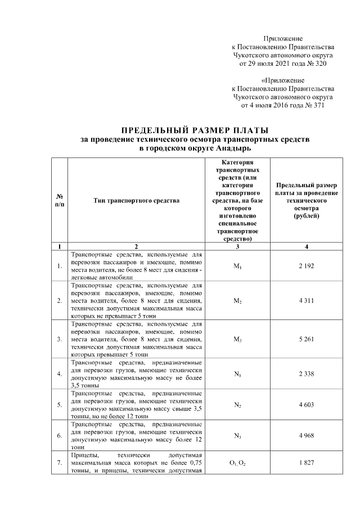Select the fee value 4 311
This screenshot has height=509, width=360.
click(307, 301)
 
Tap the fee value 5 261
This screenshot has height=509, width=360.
click(307, 339)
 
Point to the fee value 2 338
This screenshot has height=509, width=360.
click(307, 373)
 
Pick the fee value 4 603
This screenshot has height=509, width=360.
click(307, 404)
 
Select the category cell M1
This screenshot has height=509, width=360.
click(237, 265)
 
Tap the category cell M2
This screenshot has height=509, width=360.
click(237, 301)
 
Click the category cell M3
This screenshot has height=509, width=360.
click(237, 340)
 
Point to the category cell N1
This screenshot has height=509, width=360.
click(237, 374)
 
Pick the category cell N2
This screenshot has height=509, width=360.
click(237, 405)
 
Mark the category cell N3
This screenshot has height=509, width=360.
click(237, 435)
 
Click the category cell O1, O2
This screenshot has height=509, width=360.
click(237, 462)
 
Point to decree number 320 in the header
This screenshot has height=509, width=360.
click(319, 64)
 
